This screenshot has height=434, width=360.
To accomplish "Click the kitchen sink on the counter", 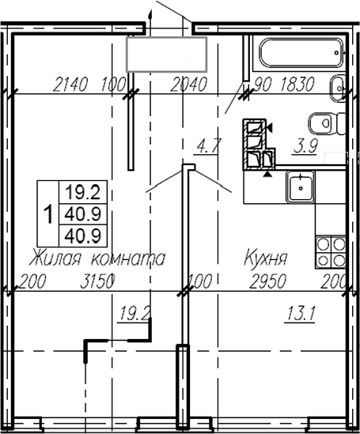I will pos(301,188).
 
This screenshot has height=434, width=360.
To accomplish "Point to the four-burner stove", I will pos(330,251).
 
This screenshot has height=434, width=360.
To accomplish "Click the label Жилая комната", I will pos(97,258).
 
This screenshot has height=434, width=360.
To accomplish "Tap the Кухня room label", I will pos(265,258).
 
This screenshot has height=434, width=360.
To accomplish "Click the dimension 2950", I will pos(266,280).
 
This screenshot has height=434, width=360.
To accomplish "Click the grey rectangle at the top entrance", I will pos(167,54).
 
